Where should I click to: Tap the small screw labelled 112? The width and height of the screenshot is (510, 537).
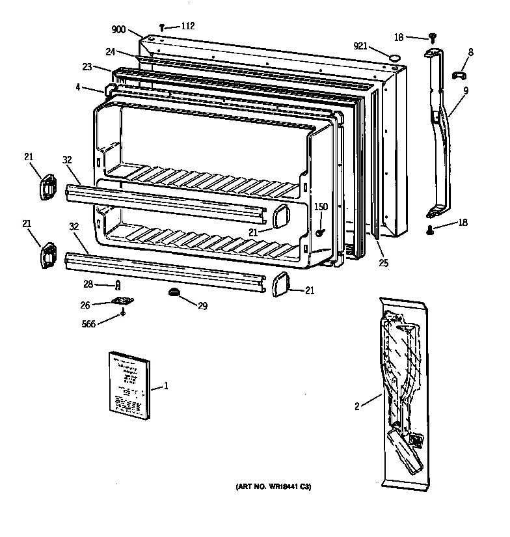[x=161, y=27]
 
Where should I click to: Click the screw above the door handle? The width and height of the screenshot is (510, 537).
[x=433, y=38]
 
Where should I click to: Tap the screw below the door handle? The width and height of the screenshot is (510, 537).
[x=430, y=228]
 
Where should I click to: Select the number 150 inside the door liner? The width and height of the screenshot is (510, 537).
[x=321, y=207]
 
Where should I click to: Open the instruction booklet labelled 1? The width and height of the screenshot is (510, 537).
[x=129, y=385]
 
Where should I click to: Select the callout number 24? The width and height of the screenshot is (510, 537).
[x=111, y=53]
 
